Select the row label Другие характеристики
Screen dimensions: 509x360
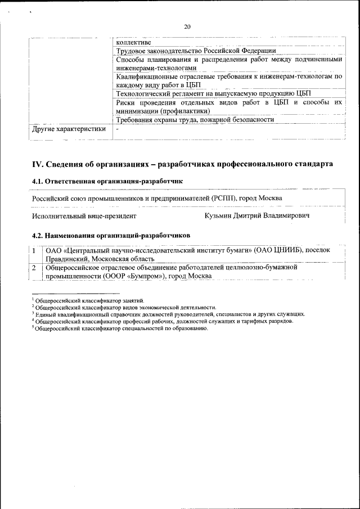(x=69, y=129)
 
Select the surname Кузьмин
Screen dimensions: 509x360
(x=221, y=215)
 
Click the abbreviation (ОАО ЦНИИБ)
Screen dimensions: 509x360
(x=279, y=250)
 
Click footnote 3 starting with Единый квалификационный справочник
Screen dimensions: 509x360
(x=169, y=314)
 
